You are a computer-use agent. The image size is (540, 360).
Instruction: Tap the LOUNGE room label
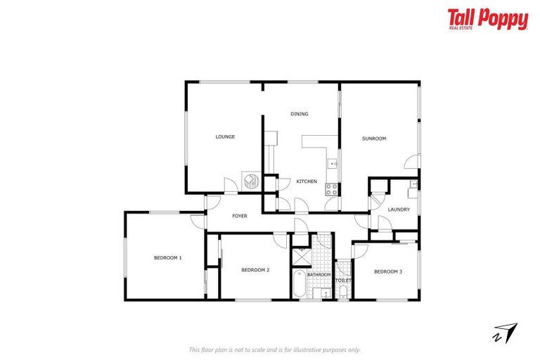click(225, 136)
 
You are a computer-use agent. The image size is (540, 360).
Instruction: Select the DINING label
click(300, 114)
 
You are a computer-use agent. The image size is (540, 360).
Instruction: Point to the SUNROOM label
click(374, 139)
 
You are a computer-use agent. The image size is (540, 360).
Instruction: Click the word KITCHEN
click(307, 181)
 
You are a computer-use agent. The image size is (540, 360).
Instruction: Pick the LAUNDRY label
click(398, 209)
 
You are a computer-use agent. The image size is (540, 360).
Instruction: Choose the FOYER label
click(240, 216)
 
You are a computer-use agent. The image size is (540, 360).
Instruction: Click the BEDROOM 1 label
click(167, 258)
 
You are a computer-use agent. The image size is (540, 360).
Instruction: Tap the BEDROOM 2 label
click(255, 270)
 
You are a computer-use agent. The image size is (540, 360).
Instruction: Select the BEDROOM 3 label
click(387, 271)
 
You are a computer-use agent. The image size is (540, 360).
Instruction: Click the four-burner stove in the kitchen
click(332, 188)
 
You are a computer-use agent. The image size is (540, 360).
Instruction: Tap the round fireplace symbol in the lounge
click(250, 181)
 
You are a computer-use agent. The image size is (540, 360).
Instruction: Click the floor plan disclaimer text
click(275, 349)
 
